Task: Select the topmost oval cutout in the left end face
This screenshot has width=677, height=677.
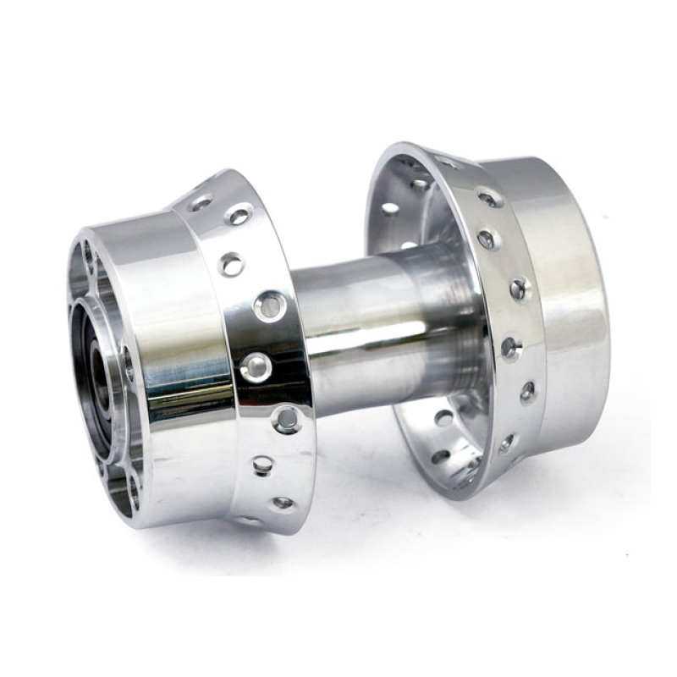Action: pos(87,255)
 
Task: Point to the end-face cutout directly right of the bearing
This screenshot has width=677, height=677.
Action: pos(127,364)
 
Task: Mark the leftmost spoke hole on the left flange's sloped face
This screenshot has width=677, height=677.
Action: pos(201,203)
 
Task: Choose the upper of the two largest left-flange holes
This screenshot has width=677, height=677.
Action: pos(270,305)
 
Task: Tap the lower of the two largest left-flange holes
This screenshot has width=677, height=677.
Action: pos(256,366)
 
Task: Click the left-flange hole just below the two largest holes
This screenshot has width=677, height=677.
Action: pos(286,418)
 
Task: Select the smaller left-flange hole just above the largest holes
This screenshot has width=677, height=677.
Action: pos(231,265)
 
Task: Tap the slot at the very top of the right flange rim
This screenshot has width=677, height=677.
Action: pos(447,161)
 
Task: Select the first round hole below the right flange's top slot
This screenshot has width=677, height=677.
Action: pos(490,200)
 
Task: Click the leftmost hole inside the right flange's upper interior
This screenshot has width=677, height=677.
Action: pos(389,207)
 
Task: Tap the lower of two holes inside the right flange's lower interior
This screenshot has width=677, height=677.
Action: pos(441,456)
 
